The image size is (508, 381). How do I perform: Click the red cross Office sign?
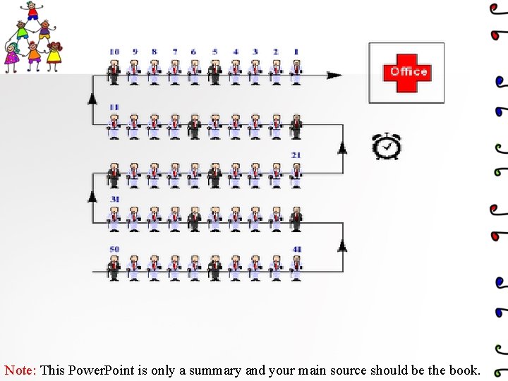406,72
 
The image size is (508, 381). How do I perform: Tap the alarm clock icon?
386,145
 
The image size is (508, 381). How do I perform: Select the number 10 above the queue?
114,52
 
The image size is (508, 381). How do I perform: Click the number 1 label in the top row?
296,52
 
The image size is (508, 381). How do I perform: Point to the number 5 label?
214,52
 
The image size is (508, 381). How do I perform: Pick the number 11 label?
114,107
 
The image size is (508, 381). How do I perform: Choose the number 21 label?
296,155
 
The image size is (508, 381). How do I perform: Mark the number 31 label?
114,200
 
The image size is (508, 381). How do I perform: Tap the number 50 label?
114,249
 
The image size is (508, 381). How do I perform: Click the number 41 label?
296,249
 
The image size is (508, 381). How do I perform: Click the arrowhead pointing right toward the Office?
334,75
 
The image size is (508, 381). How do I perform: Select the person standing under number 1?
296,71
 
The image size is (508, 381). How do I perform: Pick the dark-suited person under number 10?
114,71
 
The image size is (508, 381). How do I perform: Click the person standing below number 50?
114,268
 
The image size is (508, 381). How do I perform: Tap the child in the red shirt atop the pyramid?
32,11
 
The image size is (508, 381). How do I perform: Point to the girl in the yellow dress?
54,55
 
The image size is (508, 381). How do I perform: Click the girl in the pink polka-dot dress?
12,56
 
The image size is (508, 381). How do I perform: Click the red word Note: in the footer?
20,370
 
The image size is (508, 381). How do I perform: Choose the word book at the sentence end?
464,370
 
